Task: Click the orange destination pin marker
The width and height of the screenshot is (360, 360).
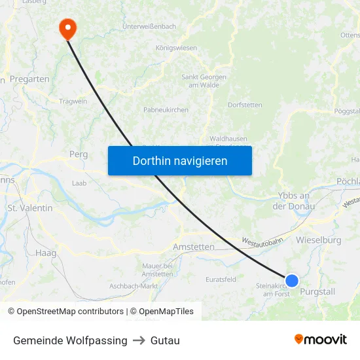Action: click(67, 28)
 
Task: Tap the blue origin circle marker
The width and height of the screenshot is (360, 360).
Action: click(292, 281)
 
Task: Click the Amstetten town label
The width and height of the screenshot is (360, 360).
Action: click(193, 247)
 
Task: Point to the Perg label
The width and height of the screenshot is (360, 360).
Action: click(78, 154)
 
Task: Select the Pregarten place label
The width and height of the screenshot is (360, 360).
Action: click(29, 79)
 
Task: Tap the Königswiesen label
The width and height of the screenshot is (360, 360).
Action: click(176, 48)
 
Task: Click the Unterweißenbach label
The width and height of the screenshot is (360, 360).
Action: click(149, 26)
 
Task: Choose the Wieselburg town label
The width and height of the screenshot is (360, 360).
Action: click(319, 240)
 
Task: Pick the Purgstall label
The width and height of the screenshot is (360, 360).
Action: click(317, 291)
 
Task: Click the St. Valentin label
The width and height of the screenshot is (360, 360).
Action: click(30, 207)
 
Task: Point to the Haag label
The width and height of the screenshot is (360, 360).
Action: click(46, 253)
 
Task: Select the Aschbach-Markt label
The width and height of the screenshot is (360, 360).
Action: click(134, 286)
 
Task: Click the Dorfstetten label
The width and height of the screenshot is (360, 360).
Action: click(245, 105)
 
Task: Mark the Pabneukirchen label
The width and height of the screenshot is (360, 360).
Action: click(166, 109)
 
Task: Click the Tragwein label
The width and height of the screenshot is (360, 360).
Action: click(73, 101)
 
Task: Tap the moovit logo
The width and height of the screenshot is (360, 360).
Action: click(320, 339)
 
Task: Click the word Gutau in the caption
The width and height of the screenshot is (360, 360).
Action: click(165, 340)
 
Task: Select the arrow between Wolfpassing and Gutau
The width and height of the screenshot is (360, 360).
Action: click(139, 340)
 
